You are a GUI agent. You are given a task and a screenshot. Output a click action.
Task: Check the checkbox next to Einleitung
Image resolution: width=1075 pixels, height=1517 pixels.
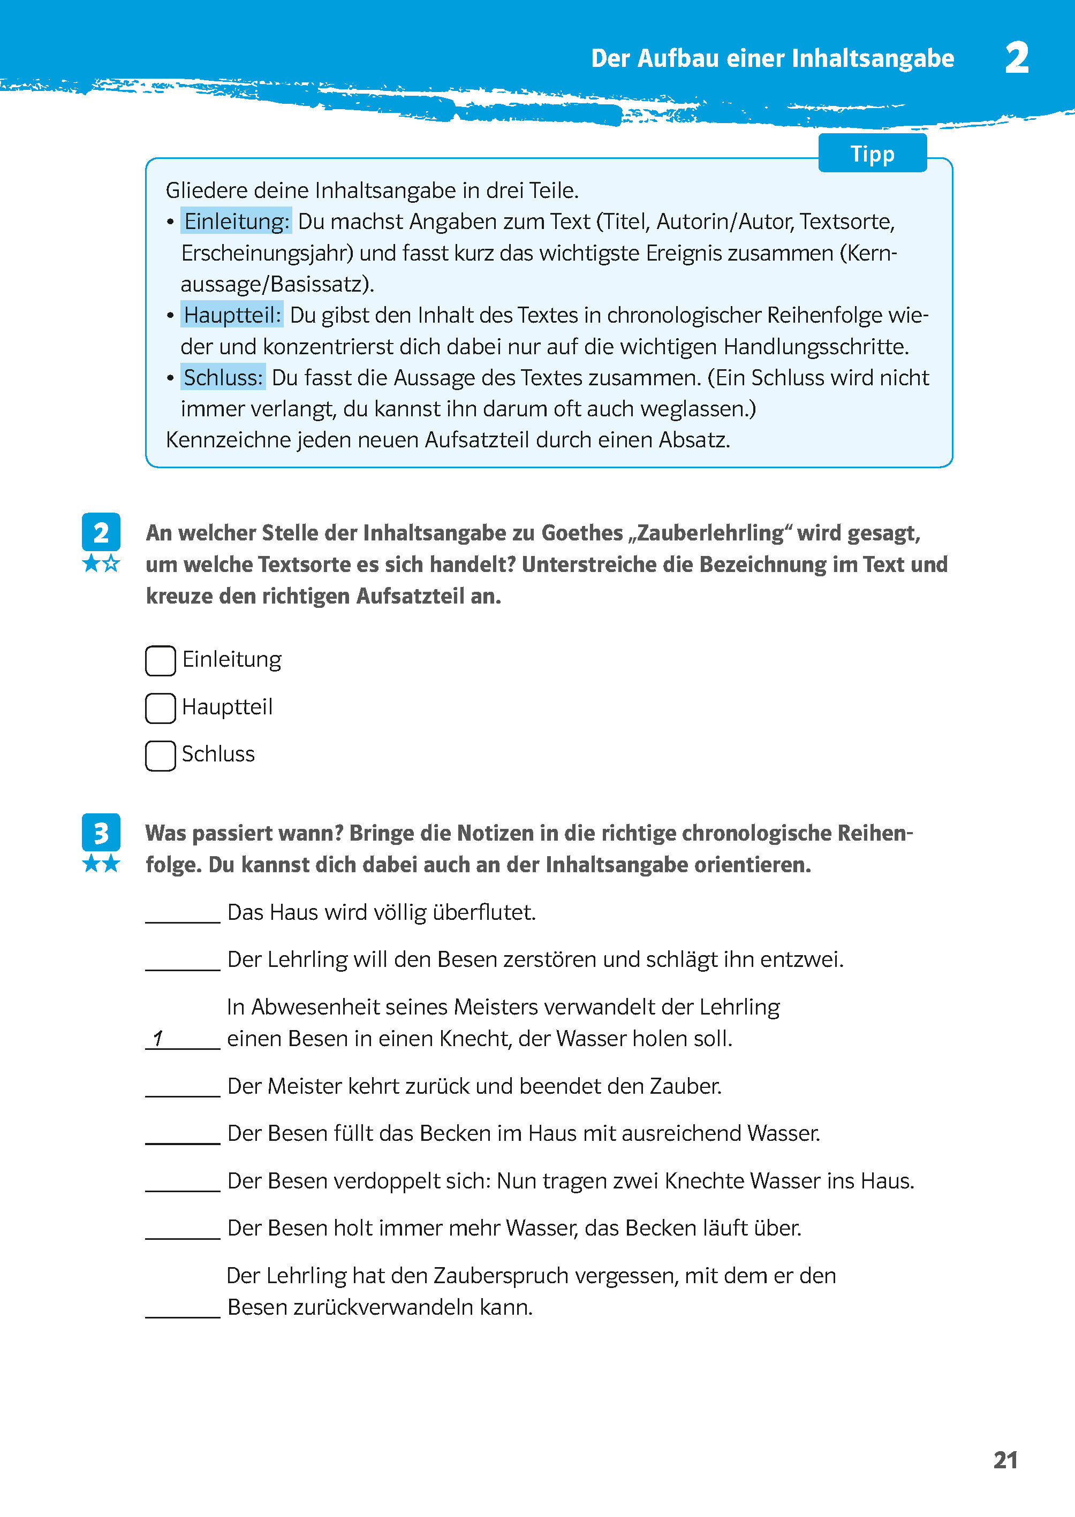(160, 660)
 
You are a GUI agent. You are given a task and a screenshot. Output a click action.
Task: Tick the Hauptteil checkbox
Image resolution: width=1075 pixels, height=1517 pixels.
(160, 708)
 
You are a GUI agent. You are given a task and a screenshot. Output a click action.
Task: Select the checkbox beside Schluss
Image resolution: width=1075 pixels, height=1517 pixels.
(160, 756)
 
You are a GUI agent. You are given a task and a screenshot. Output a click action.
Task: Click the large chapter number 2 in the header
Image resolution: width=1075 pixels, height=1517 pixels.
(1016, 58)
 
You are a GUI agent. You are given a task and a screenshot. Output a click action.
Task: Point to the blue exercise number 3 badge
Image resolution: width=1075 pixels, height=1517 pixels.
(101, 833)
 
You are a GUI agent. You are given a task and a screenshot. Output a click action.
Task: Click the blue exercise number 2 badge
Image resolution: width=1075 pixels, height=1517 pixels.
(101, 532)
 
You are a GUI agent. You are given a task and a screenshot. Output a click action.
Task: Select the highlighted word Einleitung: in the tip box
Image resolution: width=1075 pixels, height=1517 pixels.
(236, 222)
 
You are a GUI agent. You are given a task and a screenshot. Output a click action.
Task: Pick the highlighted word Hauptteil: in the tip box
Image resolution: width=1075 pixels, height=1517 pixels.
(232, 315)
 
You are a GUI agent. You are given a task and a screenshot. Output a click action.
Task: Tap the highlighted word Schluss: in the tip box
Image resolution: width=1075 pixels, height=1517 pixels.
(223, 377)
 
